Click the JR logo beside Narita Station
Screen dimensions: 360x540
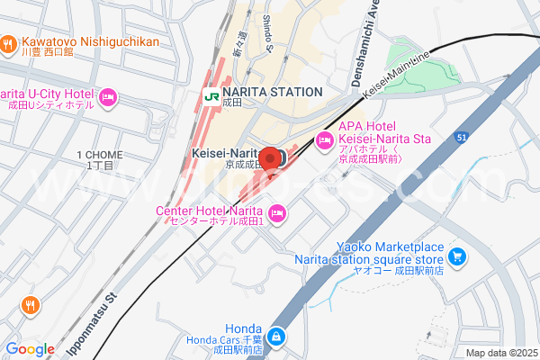click(209, 92)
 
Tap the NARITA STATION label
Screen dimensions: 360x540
click(272, 92)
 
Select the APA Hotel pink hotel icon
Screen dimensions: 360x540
click(324, 139)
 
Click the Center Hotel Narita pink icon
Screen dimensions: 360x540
click(277, 212)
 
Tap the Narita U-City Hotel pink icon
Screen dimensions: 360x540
click(108, 95)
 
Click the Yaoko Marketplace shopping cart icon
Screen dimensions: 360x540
click(457, 256)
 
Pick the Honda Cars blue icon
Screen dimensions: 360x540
click(275, 338)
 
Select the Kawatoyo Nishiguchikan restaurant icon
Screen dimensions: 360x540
click(7, 41)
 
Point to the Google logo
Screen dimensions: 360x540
click(29, 349)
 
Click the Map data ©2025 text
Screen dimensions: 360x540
click(500, 353)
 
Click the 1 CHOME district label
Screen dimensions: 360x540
click(101, 155)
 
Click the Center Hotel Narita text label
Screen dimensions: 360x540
click(208, 211)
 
